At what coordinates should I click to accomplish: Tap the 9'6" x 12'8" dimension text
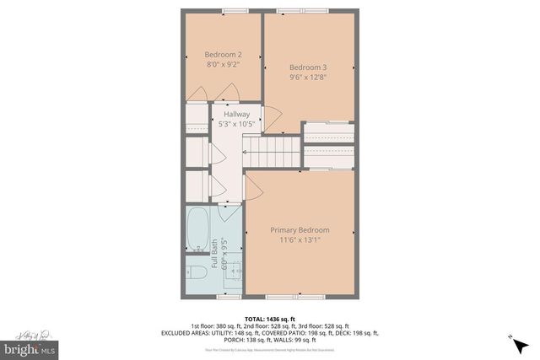tap(307, 77)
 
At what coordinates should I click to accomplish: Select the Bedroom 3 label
tap(307, 67)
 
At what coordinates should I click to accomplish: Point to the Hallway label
tap(236, 115)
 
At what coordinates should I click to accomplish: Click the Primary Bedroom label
tap(300, 230)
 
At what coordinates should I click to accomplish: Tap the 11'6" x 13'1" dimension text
tap(300, 239)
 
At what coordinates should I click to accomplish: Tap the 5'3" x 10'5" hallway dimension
tap(236, 124)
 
